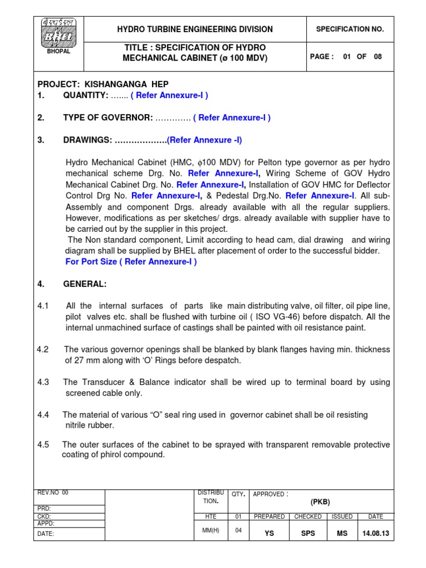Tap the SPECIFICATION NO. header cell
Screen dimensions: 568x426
coord(349,29)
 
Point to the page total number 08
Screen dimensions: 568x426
coord(378,57)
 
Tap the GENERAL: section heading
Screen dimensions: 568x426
coord(85,284)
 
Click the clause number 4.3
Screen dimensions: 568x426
coord(43,382)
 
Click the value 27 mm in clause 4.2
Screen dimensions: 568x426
coord(82,361)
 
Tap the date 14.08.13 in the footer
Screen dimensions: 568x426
coord(376,533)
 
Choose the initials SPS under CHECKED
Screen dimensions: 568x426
coord(308,533)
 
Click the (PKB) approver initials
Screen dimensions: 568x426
coord(320,501)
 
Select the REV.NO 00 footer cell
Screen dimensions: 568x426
coord(53,493)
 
